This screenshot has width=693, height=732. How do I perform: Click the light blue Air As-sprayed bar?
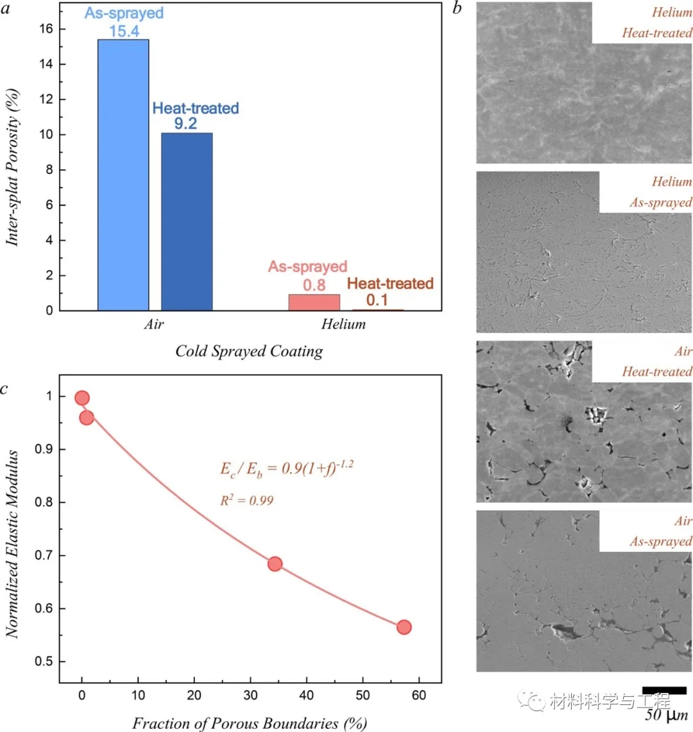(x=123, y=174)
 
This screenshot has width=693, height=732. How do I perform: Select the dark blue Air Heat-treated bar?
(x=187, y=221)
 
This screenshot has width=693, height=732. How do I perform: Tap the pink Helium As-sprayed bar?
(x=314, y=302)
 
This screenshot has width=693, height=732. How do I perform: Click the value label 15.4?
(x=124, y=30)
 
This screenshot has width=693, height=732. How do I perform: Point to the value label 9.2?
(x=185, y=123)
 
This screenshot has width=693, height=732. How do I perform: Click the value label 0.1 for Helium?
(x=377, y=299)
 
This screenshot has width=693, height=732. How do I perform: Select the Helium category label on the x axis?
(x=344, y=324)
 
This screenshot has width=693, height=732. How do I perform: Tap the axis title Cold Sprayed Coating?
(x=249, y=351)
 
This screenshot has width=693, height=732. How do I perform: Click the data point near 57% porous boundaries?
(x=404, y=627)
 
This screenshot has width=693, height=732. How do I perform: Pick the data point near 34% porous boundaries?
(x=275, y=564)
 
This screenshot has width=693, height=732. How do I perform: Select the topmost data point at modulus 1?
(x=81, y=398)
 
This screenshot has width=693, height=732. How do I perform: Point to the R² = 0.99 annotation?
(x=246, y=500)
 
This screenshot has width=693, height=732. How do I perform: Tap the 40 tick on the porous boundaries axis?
(x=307, y=696)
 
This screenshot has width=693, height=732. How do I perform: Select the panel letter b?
(x=456, y=8)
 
